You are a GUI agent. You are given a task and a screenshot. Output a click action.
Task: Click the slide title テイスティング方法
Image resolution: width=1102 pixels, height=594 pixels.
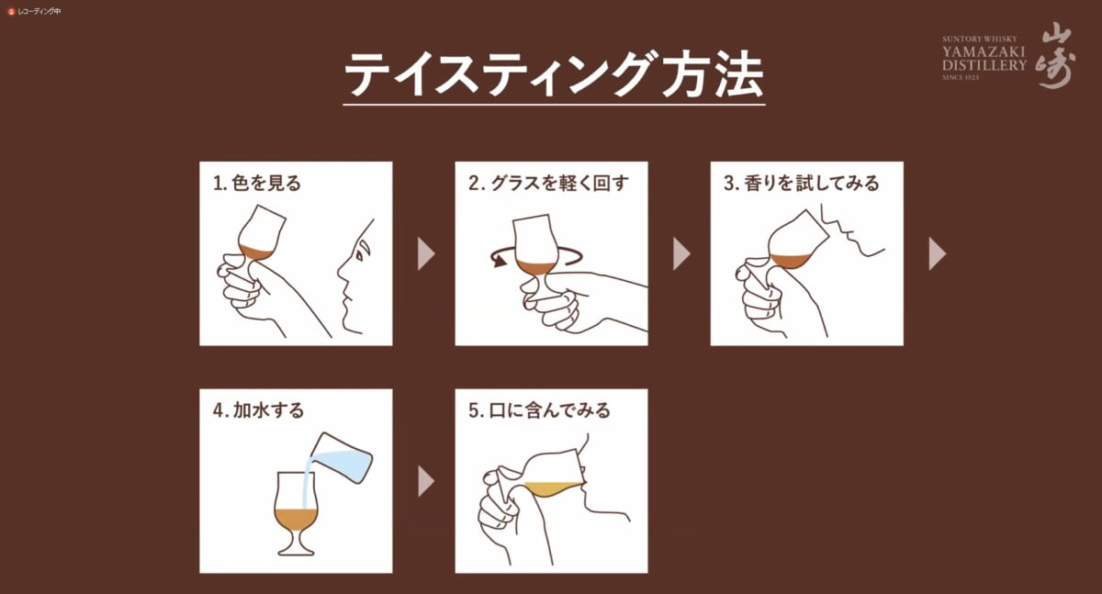pyautogui.click(x=554, y=75)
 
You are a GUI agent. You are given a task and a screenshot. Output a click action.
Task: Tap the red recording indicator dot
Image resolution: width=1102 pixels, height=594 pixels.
pyautogui.click(x=11, y=11)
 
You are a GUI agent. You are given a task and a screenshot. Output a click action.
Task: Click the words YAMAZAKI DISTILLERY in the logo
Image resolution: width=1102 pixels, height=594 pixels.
pyautogui.click(x=984, y=58)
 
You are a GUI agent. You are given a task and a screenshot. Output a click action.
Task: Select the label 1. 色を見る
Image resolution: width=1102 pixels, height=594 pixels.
pyautogui.click(x=257, y=183)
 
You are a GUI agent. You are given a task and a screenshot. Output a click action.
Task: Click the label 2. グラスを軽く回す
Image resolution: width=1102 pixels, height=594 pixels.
pyautogui.click(x=548, y=183)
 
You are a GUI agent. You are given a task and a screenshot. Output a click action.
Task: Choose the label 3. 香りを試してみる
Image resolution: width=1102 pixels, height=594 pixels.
pyautogui.click(x=802, y=183)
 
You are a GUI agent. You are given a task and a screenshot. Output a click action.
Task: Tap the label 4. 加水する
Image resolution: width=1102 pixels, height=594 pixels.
pyautogui.click(x=259, y=410)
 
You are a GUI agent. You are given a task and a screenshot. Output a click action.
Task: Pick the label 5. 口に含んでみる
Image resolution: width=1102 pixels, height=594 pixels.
pyautogui.click(x=540, y=410)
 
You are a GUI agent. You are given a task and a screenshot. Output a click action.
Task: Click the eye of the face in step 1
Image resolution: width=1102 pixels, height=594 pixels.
pyautogui.click(x=361, y=255)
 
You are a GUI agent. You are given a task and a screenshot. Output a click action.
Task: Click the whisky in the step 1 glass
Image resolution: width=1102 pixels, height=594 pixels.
pyautogui.click(x=255, y=252)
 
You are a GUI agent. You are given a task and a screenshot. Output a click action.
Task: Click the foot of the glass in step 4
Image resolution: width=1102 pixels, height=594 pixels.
pyautogui.click(x=296, y=549)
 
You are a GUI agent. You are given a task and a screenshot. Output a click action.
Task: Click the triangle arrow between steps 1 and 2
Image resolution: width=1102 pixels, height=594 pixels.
pyautogui.click(x=426, y=253)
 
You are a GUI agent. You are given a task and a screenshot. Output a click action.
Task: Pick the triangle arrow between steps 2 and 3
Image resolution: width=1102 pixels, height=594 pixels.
pyautogui.click(x=681, y=253)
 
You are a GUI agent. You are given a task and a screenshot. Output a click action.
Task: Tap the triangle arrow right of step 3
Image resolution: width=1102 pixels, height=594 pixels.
pyautogui.click(x=938, y=253)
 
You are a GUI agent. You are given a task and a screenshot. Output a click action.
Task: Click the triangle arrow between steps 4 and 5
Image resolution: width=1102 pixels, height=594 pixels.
pyautogui.click(x=426, y=481)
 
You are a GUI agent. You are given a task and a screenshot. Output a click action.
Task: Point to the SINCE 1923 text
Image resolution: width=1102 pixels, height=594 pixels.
pyautogui.click(x=961, y=77)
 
